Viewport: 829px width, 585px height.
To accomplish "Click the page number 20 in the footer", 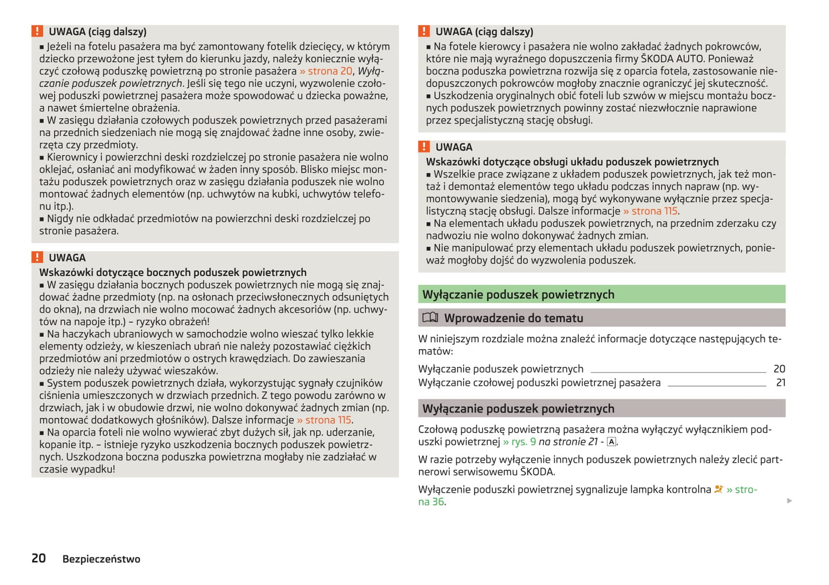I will pyautogui.click(x=38, y=558).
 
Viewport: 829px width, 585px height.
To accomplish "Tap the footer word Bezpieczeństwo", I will pyautogui.click(x=101, y=559).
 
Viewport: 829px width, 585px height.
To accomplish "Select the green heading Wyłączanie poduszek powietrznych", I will pyautogui.click(x=518, y=295).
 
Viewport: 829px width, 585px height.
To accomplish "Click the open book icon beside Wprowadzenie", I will pyautogui.click(x=430, y=317).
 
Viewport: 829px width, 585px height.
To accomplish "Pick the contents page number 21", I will pyautogui.click(x=780, y=382).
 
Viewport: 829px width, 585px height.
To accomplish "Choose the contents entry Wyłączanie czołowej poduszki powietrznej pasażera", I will pyautogui.click(x=539, y=382).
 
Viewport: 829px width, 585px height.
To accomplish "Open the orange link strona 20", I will pyautogui.click(x=326, y=71).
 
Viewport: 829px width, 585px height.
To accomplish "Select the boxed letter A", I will pyautogui.click(x=612, y=441).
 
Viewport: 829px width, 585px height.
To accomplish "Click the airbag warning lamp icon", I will pyautogui.click(x=718, y=489).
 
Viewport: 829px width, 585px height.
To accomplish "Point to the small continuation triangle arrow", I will pyautogui.click(x=789, y=501).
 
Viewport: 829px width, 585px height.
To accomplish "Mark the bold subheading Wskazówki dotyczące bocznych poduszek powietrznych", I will pyautogui.click(x=173, y=272).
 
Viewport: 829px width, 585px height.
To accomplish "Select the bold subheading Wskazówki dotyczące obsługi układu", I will pyautogui.click(x=572, y=162).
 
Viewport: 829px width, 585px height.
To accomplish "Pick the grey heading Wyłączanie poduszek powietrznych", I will pyautogui.click(x=518, y=409).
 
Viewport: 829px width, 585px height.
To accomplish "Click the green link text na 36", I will pyautogui.click(x=431, y=502).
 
